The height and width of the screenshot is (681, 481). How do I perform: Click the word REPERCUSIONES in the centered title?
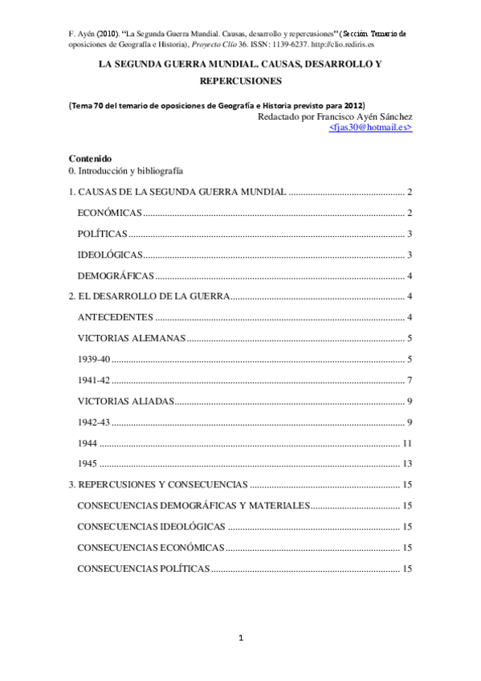point(240,82)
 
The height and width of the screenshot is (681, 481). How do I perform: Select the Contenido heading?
point(90,158)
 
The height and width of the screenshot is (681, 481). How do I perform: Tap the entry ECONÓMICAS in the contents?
point(109,213)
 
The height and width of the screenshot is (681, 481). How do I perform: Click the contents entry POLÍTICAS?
point(102,234)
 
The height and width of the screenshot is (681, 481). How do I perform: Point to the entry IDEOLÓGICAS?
point(110,255)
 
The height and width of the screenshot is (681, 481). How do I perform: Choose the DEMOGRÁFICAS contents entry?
point(116,275)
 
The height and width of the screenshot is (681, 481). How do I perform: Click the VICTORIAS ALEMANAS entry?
point(132,338)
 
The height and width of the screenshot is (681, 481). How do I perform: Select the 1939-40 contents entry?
point(94,359)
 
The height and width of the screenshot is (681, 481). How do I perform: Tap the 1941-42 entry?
point(94,380)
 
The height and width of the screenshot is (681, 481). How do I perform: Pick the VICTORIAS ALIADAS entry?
point(126,401)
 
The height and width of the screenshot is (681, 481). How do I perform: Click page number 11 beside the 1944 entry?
point(407,442)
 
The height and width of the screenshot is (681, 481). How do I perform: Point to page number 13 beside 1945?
point(407,463)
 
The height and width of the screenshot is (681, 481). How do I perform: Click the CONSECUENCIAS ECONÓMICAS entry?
point(150,548)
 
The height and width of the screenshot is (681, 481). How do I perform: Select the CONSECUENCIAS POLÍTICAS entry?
point(144,569)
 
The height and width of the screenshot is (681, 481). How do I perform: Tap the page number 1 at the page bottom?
point(240,638)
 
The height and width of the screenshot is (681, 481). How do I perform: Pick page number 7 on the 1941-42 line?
point(410,380)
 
